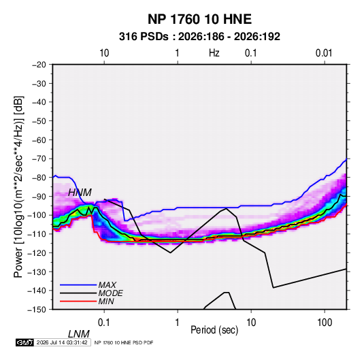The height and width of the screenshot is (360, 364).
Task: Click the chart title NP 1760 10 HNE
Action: (199, 19)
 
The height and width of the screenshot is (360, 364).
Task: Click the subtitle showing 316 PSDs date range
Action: (199, 37)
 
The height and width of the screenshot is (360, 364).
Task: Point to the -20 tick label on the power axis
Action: (39, 65)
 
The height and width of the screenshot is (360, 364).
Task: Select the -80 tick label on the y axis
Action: (39, 178)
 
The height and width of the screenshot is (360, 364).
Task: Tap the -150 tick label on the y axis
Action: (37, 310)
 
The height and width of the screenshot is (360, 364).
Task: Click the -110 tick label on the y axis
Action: (37, 234)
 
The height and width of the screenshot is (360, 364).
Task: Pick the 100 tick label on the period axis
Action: (325, 323)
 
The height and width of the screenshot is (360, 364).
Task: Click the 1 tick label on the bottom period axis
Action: (178, 323)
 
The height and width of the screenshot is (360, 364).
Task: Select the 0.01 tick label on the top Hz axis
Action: (324, 53)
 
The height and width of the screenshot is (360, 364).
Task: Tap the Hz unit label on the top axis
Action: (214, 53)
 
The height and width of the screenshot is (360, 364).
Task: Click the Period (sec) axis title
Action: (214, 330)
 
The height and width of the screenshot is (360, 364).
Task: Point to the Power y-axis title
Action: (18, 187)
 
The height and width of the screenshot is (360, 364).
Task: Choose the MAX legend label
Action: (107, 285)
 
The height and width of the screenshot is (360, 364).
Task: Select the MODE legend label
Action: (110, 293)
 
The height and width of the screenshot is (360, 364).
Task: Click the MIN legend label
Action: (106, 301)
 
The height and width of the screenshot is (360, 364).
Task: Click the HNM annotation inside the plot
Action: (80, 193)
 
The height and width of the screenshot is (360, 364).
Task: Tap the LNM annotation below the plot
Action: (79, 334)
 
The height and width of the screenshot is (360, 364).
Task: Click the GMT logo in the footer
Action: (24, 342)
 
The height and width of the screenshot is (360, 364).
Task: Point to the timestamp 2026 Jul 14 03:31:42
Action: (62, 342)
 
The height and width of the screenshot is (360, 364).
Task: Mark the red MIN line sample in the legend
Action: (78, 301)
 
